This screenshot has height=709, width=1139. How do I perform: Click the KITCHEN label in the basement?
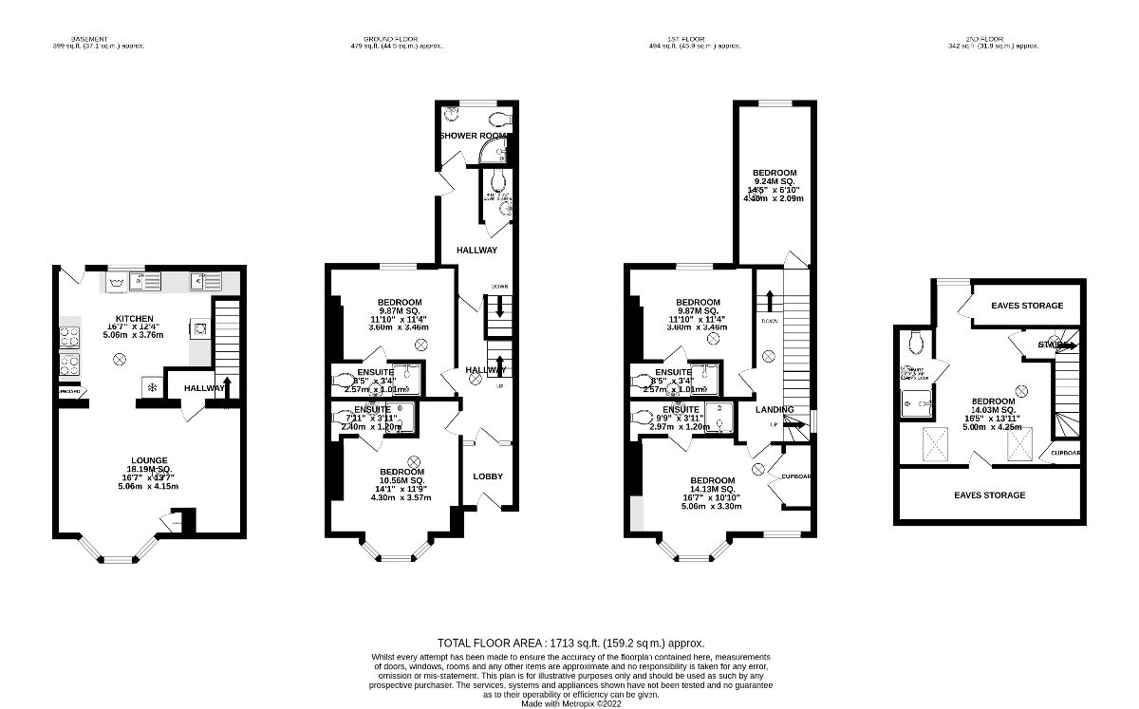(x=135, y=319)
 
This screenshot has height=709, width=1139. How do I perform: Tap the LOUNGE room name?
(x=149, y=460)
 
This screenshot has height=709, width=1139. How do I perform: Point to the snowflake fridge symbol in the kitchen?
(x=150, y=386)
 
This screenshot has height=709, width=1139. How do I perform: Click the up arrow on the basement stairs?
(x=226, y=386)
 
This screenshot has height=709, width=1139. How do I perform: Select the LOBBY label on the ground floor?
(x=488, y=476)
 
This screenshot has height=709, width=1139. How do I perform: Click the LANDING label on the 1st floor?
(x=774, y=409)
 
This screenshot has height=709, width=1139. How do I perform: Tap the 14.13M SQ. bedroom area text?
(x=712, y=490)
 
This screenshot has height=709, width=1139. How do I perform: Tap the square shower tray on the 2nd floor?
(x=918, y=402)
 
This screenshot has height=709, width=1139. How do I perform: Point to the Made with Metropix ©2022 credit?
(x=569, y=702)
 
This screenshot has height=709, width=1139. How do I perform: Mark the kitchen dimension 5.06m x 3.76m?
(x=135, y=334)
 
